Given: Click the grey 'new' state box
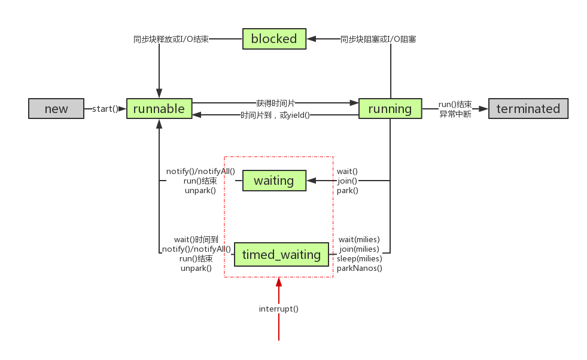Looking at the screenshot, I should (57, 109).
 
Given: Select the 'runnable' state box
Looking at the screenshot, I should (159, 109).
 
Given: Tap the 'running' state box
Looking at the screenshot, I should (390, 109).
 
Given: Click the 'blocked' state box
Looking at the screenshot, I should (274, 39).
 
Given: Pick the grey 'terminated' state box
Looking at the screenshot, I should (528, 109).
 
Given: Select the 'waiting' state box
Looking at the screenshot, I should (274, 181).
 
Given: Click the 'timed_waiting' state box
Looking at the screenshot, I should (281, 255).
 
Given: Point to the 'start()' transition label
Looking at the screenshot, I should (105, 109).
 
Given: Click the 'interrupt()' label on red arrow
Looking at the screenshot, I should (279, 309).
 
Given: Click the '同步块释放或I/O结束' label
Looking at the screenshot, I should (171, 39).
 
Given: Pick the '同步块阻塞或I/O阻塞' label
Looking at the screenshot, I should (378, 39).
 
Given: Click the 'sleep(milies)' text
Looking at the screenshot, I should (360, 259).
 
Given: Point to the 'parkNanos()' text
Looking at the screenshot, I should (360, 269).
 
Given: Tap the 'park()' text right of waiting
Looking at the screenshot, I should (348, 191).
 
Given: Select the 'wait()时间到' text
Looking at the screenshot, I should (196, 239).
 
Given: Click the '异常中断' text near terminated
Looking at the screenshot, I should (455, 114).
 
